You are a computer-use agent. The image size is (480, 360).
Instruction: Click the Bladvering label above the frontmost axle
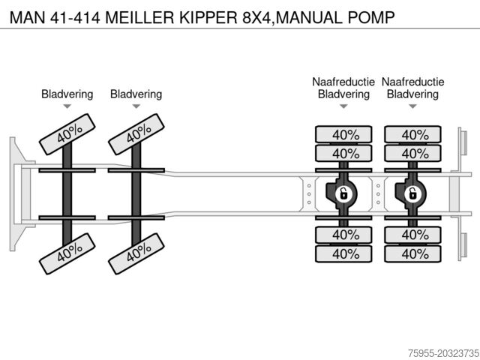pyautogui.click(x=67, y=94)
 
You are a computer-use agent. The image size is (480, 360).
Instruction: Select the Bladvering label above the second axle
pyautogui.click(x=136, y=94)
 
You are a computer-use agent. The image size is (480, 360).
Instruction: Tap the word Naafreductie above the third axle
pyautogui.click(x=343, y=82)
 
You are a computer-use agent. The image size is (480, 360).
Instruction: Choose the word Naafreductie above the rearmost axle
pyautogui.click(x=412, y=82)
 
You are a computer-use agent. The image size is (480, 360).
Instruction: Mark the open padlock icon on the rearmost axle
pyautogui.click(x=412, y=194)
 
